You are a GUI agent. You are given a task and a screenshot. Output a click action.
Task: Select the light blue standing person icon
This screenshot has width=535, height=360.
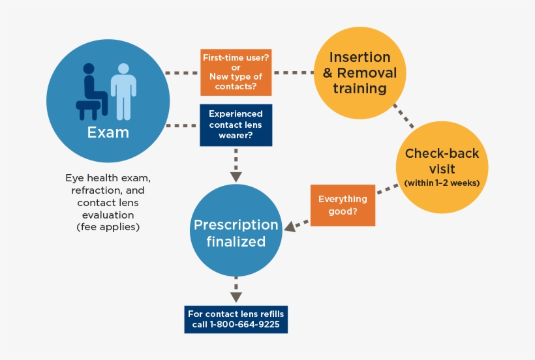click(123, 89)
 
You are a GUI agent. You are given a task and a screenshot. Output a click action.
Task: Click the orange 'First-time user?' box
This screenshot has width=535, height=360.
click(236, 72)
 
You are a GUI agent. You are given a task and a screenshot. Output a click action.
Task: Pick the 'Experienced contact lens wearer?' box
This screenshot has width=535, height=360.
click(236, 125)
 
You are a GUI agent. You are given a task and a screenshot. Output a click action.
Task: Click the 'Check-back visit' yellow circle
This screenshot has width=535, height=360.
click(442, 167)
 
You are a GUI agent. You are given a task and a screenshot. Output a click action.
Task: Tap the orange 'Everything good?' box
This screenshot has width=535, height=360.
click(343, 205)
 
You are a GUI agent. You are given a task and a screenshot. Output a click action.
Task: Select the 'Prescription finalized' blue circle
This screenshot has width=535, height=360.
click(236, 233)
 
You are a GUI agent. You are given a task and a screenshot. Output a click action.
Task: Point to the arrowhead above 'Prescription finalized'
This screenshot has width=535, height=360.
click(236, 177)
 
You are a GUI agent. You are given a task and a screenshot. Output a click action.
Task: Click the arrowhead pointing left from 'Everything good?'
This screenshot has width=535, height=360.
click(289, 226)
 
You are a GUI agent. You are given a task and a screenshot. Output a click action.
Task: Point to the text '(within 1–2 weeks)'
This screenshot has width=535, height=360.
click(442, 183)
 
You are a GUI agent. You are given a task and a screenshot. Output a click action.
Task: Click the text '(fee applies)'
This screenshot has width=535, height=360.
click(108, 227)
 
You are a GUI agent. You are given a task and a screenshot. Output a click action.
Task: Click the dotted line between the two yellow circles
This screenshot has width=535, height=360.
click(405, 116)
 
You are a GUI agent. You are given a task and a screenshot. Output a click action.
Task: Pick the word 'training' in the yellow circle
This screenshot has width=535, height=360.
click(359, 89)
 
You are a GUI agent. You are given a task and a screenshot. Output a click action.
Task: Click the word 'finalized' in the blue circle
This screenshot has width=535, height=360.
click(236, 242)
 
